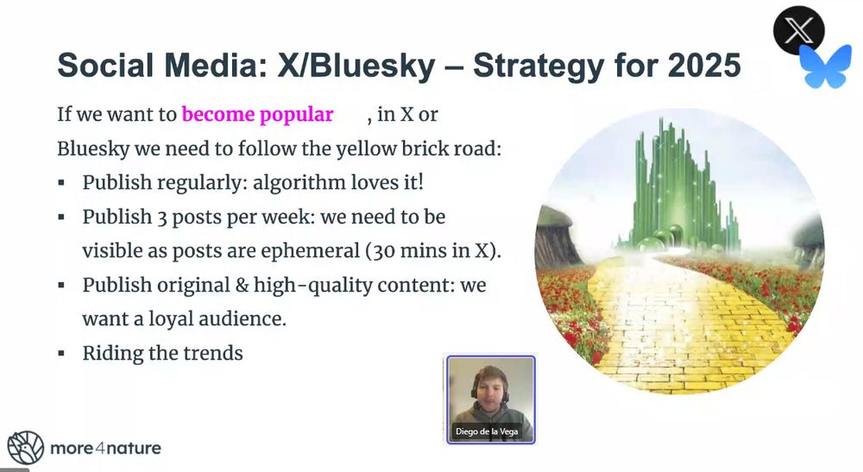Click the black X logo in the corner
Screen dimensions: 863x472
798,30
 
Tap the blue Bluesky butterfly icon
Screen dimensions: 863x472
825,66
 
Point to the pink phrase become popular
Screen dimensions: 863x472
257,115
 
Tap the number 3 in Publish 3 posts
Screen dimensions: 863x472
162,217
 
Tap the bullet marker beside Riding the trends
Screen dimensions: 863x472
61,354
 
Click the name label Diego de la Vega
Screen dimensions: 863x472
487,431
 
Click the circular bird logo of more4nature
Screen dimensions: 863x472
25,447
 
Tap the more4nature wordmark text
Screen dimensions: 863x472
105,449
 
